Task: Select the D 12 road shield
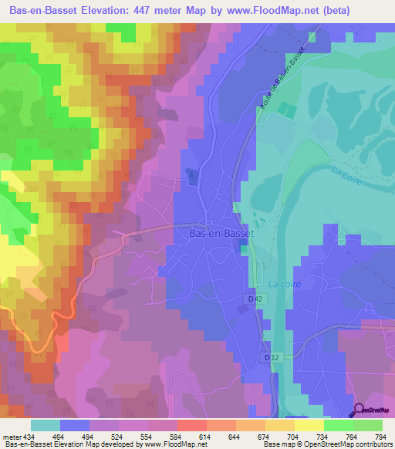pyautogui.click(x=270, y=357)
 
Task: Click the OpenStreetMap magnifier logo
pyautogui.click(x=360, y=410)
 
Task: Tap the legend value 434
pyautogui.click(x=31, y=437)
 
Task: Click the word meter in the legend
pyautogui.click(x=11, y=437)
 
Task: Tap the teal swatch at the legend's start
pyautogui.click(x=45, y=425)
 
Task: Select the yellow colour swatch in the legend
pyautogui.click(x=309, y=425)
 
